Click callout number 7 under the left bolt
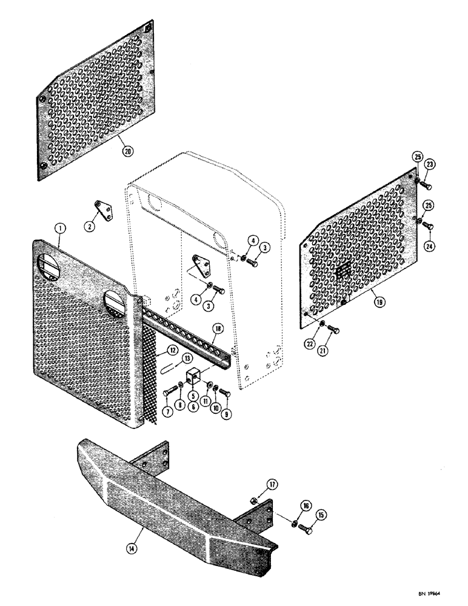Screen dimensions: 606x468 [x=167, y=411]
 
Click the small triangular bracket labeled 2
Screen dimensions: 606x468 [x=103, y=208]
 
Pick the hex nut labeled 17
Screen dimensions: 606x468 [x=256, y=499]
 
